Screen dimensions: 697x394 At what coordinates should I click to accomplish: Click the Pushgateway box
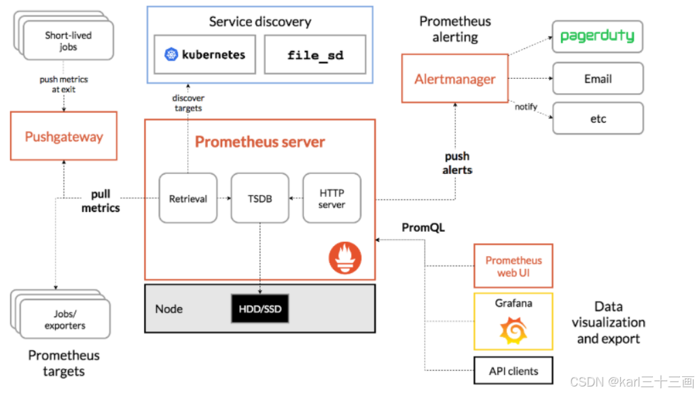(x=64, y=136)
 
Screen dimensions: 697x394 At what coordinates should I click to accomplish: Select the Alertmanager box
(x=454, y=79)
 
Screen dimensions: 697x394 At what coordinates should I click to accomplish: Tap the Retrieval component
(x=188, y=198)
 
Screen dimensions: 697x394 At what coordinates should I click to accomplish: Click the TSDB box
(x=260, y=198)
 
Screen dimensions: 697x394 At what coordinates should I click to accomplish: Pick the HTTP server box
(x=332, y=198)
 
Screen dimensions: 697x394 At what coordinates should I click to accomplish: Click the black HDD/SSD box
(x=260, y=308)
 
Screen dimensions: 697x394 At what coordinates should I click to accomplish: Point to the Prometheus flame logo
(x=345, y=257)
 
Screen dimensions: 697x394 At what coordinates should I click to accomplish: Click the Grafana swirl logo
(x=514, y=330)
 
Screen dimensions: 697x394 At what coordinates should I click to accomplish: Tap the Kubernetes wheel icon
(x=171, y=54)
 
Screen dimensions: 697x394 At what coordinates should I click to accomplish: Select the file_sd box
(x=315, y=55)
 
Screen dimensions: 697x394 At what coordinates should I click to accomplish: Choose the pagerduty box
(x=597, y=37)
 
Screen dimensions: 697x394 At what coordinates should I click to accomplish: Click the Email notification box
(x=598, y=79)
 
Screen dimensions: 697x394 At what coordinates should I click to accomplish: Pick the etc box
(x=598, y=118)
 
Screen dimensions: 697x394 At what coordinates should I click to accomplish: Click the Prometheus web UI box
(x=514, y=266)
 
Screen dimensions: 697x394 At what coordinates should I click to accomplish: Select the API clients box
(x=514, y=370)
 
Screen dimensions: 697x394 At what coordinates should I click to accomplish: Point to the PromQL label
(x=423, y=228)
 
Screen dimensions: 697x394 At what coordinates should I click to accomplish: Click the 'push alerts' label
(x=457, y=163)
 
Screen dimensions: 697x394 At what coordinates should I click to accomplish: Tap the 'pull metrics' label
(x=101, y=201)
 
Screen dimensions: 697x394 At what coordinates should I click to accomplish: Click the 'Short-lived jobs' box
(x=68, y=41)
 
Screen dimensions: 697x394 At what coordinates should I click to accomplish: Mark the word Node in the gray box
(x=169, y=308)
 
